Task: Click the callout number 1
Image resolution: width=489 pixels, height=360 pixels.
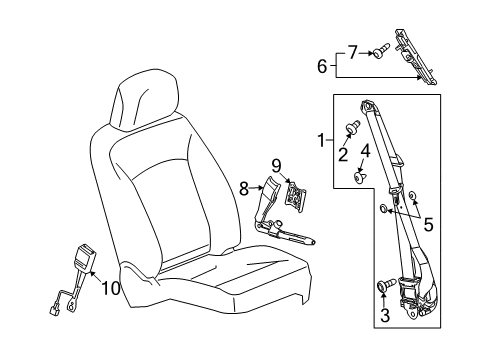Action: (x=321, y=141)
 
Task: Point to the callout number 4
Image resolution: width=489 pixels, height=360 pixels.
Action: (x=365, y=152)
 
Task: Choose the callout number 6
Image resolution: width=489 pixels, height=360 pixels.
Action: (x=322, y=66)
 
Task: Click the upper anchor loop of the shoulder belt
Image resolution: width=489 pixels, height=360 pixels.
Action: (x=368, y=105)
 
